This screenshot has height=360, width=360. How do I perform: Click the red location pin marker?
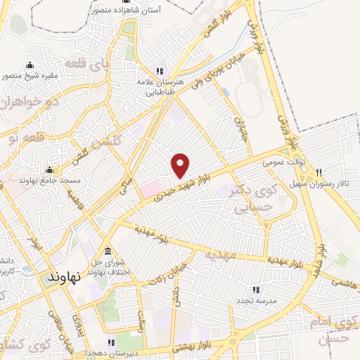181,165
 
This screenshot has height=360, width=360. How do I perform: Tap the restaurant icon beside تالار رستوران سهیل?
319,172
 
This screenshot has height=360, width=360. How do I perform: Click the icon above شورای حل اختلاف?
108,252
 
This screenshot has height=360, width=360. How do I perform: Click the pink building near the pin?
150,188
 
